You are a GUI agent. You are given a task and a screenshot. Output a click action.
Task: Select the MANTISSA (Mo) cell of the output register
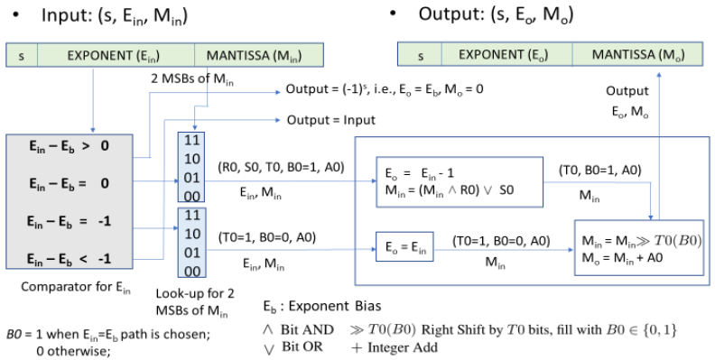click(637, 55)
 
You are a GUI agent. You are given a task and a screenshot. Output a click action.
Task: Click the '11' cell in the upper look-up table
click(193, 142)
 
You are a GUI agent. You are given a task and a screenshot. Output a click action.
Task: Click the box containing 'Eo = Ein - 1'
click(458, 182)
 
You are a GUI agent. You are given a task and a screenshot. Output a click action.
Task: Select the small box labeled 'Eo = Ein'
click(403, 245)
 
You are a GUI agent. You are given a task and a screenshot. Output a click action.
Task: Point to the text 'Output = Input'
click(327, 119)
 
